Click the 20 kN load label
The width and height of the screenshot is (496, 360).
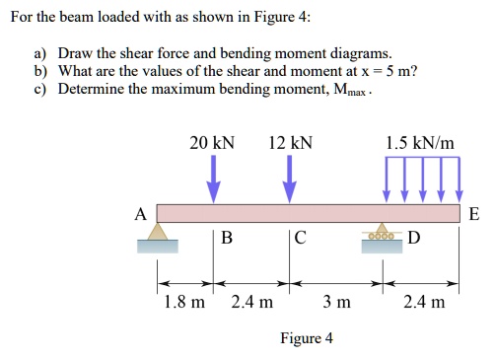click(212, 144)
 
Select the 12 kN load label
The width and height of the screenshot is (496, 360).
click(290, 144)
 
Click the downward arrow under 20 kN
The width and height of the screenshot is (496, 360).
click(213, 180)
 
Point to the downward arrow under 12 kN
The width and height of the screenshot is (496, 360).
click(290, 180)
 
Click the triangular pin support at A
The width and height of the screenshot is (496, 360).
click(158, 234)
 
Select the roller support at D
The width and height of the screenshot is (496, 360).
click(380, 234)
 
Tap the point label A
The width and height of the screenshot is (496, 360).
click(140, 212)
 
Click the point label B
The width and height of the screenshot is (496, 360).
click(227, 238)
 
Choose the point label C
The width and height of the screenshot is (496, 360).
click(301, 238)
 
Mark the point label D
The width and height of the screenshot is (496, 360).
click(413, 238)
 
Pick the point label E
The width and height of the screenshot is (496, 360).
click(473, 212)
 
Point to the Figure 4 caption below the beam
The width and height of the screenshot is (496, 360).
click(307, 338)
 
